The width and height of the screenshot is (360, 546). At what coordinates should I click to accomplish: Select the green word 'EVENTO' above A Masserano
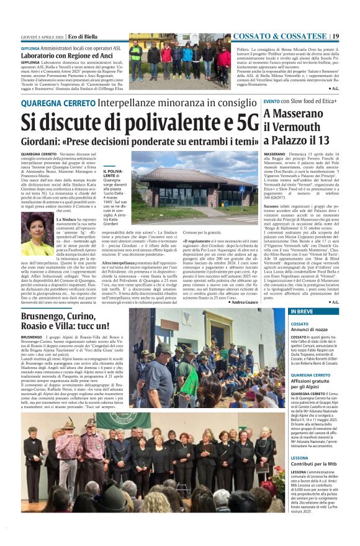tap(271, 101)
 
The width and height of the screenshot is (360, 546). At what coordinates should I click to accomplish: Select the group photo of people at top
tap(179, 58)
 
